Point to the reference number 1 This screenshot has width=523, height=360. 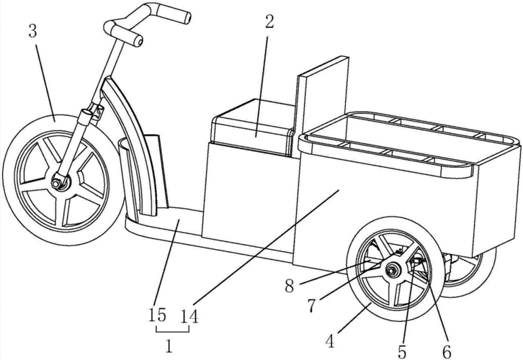169,345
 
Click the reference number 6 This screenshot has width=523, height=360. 447,352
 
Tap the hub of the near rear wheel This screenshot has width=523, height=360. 393,270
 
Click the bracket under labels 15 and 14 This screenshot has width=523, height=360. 169,330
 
